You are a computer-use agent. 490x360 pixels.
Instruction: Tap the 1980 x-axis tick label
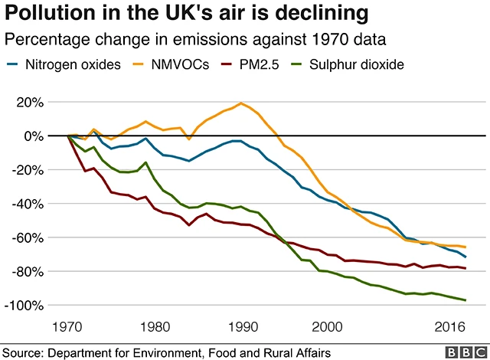[156, 326]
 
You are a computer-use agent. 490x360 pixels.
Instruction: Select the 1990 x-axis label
[242, 326]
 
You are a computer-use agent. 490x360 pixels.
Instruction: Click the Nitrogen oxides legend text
[75, 64]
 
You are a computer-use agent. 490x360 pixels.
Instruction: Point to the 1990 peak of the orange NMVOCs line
[241, 103]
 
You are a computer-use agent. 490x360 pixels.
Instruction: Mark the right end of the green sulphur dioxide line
[465, 300]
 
